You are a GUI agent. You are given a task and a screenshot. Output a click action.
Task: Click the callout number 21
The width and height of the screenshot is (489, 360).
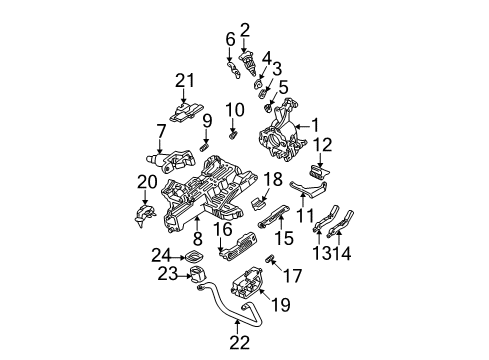click(182, 81)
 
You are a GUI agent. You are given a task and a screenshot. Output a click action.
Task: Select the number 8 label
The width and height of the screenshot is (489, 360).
click(197, 239)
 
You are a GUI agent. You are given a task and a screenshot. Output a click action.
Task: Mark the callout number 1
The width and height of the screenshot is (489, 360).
click(318, 125)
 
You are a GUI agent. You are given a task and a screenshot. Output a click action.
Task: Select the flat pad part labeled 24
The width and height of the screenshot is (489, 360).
click(196, 256)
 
